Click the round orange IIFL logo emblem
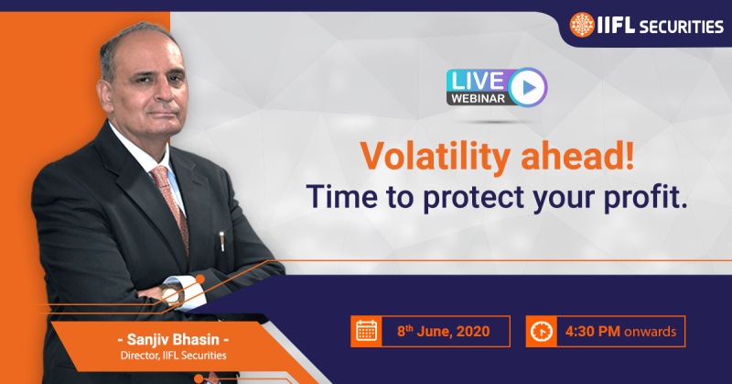[582, 25]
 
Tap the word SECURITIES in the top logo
[681, 27]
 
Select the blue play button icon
[528, 87]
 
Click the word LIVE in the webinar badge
[478, 81]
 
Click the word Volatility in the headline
[435, 156]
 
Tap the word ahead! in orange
[577, 155]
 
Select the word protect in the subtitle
[473, 196]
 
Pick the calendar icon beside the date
[366, 331]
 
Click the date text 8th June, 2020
[444, 331]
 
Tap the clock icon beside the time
[542, 331]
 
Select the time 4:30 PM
[592, 331]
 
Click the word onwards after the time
[650, 332]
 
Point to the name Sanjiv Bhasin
[173, 339]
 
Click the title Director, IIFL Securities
[173, 356]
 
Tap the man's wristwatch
[170, 295]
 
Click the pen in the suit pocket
[221, 241]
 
